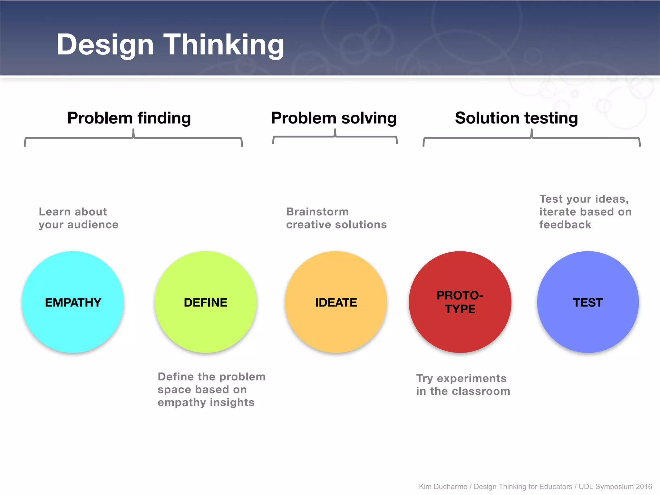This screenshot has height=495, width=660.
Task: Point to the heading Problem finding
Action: point(129,118)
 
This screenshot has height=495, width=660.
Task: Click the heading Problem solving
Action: point(334,118)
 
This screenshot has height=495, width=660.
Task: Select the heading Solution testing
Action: point(516,118)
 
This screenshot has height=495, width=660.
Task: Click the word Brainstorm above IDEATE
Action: point(317,212)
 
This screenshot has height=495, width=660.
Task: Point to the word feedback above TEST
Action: point(565,225)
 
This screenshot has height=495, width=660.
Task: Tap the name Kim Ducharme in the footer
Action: point(443,487)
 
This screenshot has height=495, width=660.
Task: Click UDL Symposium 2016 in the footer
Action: point(615,487)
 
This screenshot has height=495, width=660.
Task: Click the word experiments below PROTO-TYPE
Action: point(471,378)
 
